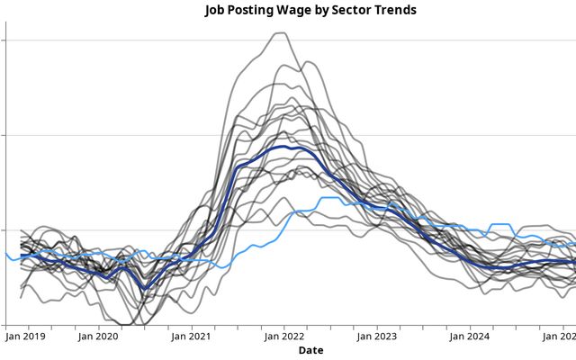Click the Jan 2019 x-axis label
coord(25,337)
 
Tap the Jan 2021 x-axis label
coord(191,337)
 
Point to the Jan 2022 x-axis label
coord(283,337)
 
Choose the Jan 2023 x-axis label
coord(376,337)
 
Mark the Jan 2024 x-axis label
coord(469,337)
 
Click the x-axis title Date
coord(311,349)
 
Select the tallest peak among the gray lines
coord(281,33)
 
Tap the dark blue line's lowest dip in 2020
coord(145,288)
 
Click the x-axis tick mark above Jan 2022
coord(283,328)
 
